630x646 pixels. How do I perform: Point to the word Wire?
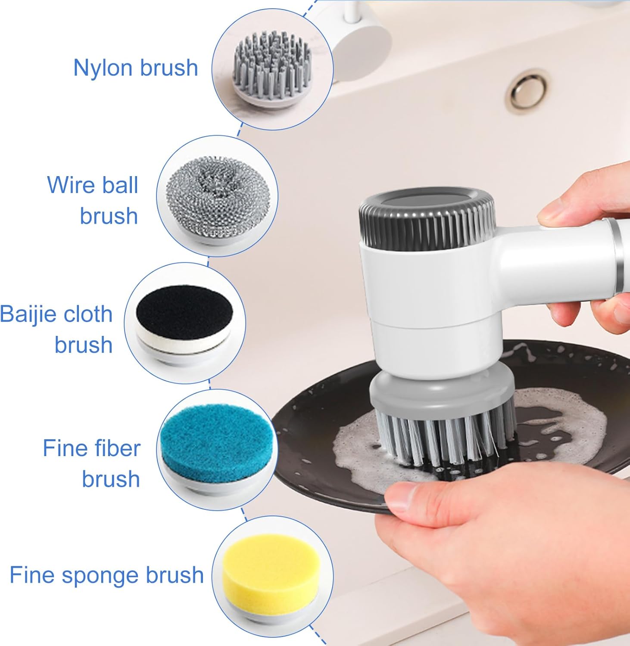[71, 185]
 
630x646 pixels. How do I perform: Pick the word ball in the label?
[120, 185]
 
